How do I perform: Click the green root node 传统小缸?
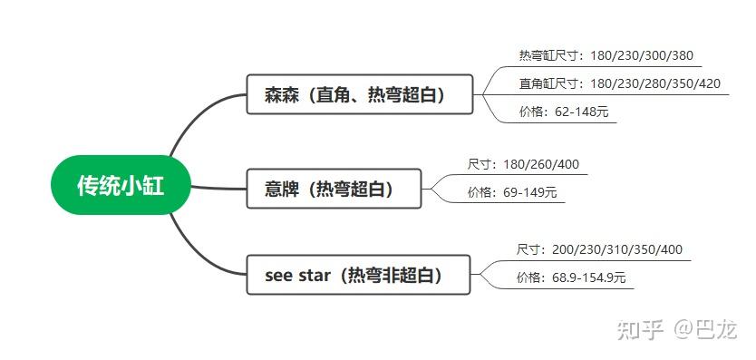[x=121, y=185]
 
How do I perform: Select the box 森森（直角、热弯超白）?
[x=359, y=94]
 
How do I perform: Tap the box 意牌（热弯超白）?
[x=334, y=189]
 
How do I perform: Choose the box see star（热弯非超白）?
[x=359, y=275]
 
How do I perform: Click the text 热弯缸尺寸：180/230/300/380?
[x=606, y=56]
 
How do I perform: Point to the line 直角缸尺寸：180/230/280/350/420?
[x=619, y=83]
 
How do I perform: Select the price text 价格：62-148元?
[x=563, y=112]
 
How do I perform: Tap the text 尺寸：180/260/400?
[x=522, y=164]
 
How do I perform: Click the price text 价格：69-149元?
[x=511, y=192]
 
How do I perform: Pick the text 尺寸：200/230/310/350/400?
[x=599, y=249]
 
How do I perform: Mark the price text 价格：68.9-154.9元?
[x=571, y=277]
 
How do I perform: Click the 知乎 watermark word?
[x=639, y=329]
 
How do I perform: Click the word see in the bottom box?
[x=278, y=276]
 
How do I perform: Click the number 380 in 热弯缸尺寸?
[x=682, y=56]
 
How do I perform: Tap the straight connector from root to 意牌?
[x=218, y=189]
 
